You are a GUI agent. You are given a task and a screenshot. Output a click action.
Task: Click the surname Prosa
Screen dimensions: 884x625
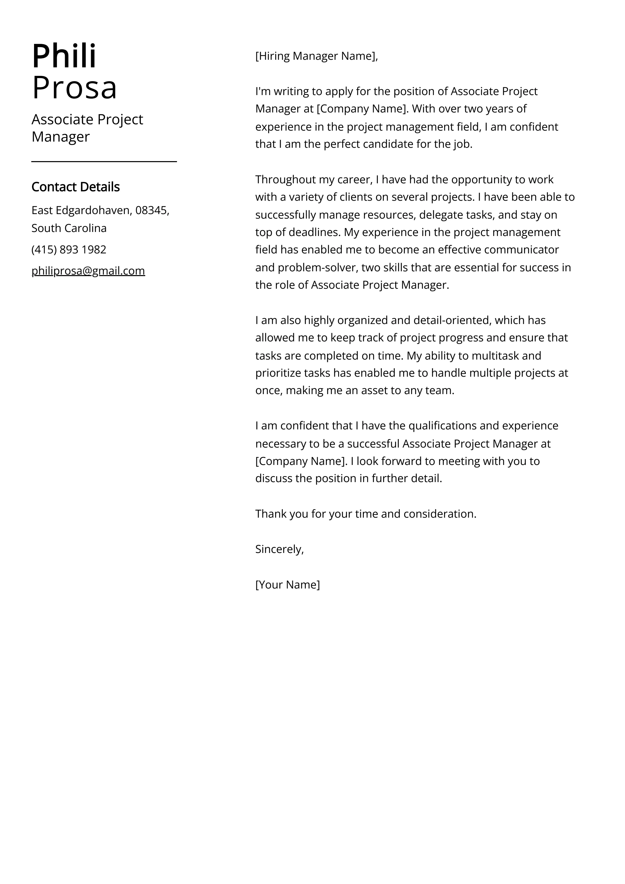click(x=74, y=87)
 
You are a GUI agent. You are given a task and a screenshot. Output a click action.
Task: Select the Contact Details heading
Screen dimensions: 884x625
click(x=75, y=187)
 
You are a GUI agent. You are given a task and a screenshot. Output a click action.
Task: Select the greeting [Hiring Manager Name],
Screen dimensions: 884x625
click(x=317, y=56)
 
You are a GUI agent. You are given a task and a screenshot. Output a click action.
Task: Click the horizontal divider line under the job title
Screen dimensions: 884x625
click(x=104, y=162)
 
